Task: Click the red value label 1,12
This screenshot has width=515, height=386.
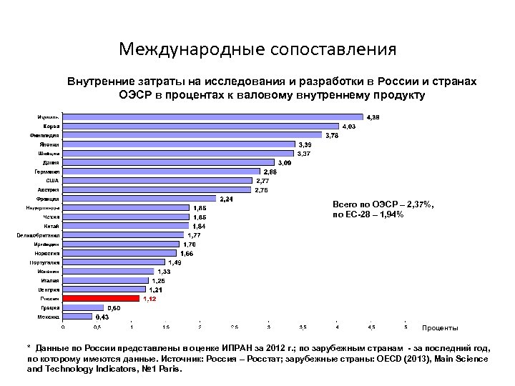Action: [149, 299]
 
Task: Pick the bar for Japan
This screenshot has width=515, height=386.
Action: [179, 144]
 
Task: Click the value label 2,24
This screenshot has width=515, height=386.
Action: [226, 198]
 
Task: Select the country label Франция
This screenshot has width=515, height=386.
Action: [48, 198]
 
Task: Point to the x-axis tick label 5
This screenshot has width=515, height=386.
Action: [406, 328]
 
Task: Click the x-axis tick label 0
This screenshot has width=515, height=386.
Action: [62, 328]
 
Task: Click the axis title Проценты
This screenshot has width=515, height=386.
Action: [440, 328]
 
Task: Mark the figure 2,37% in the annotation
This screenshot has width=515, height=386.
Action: [418, 204]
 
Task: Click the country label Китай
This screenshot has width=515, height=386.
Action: [51, 225]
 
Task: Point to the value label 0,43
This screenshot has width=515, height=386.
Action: [102, 317]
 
